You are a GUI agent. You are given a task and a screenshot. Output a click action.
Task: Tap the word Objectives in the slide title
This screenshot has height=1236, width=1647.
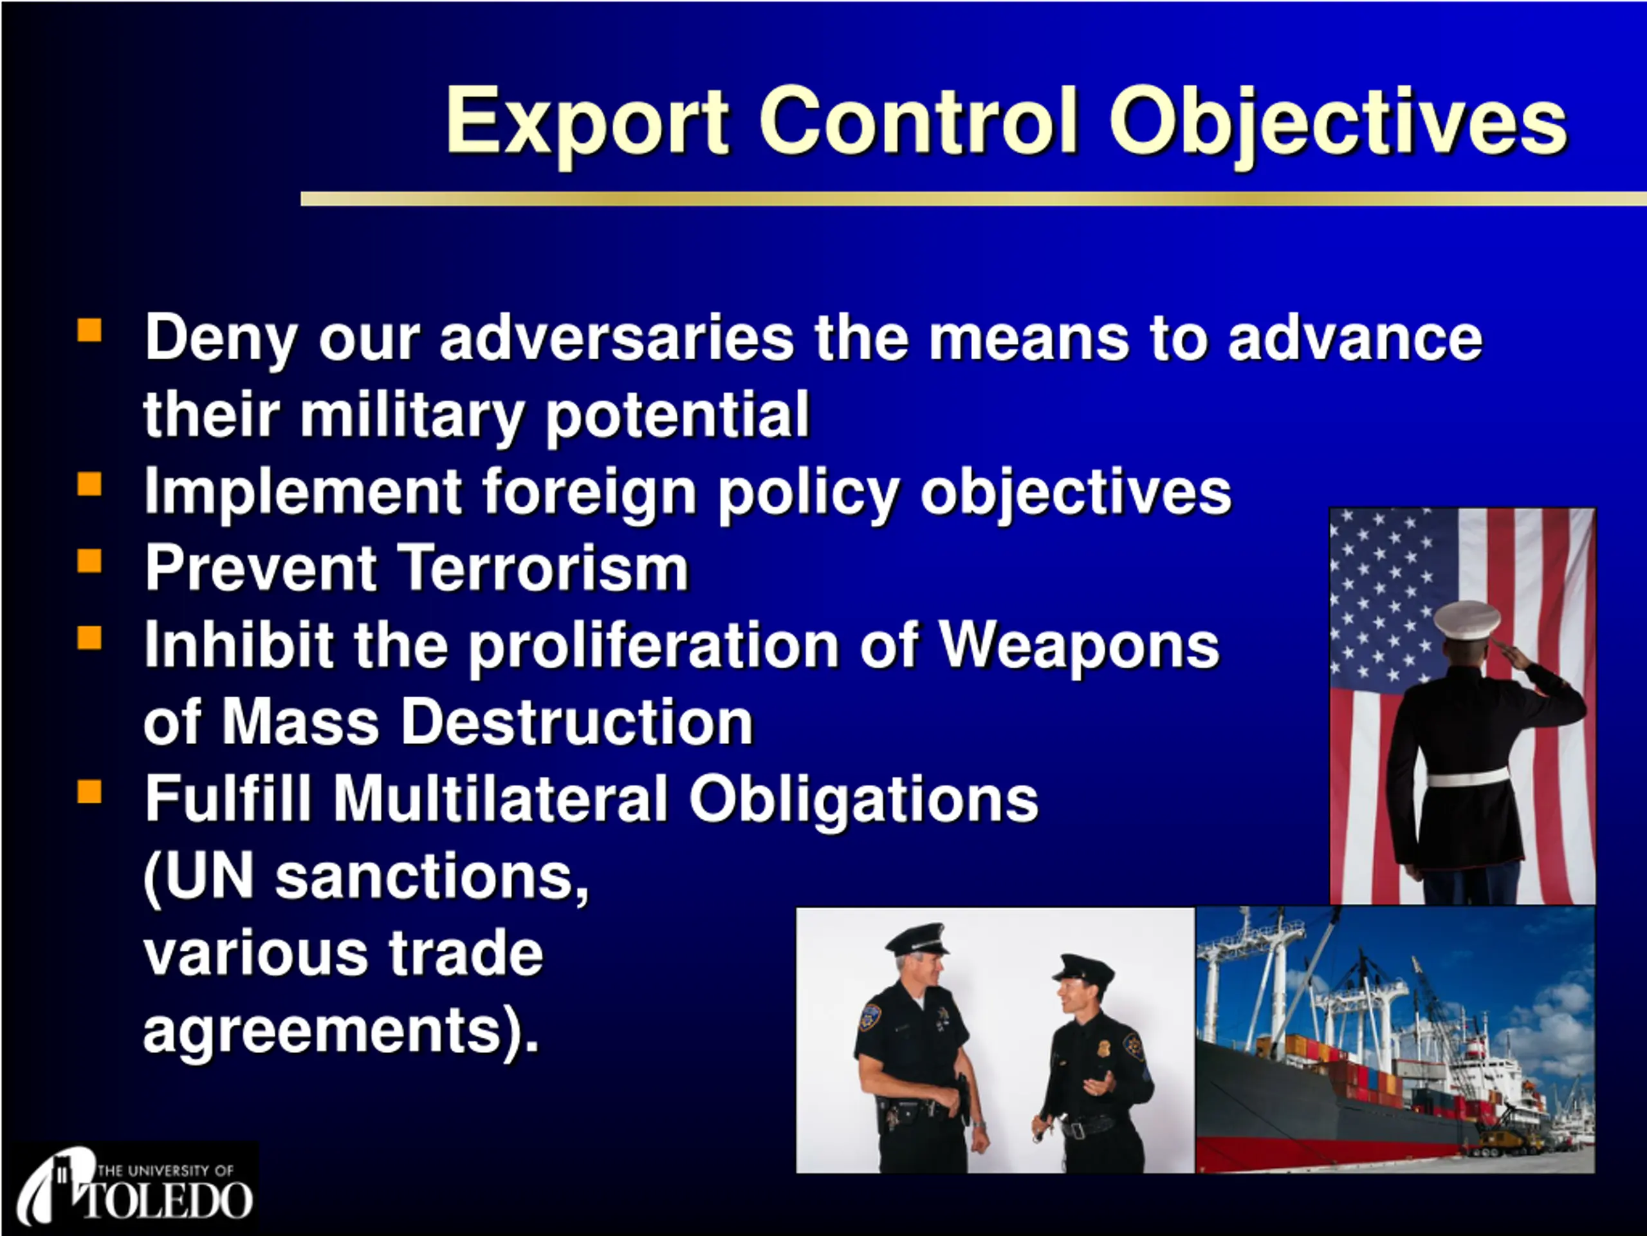[1338, 122]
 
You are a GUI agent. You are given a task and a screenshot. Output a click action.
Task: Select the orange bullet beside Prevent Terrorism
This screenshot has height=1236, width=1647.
[89, 560]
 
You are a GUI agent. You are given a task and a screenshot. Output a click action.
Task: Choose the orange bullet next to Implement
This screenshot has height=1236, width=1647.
[89, 484]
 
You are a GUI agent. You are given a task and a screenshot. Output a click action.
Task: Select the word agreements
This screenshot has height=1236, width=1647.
[321, 1031]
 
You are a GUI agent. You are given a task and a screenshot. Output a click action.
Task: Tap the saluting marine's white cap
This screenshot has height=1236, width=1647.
[1468, 620]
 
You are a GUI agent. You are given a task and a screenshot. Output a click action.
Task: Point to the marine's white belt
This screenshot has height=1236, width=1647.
[1468, 778]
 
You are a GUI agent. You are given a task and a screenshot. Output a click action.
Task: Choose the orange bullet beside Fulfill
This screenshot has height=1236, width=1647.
[89, 791]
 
